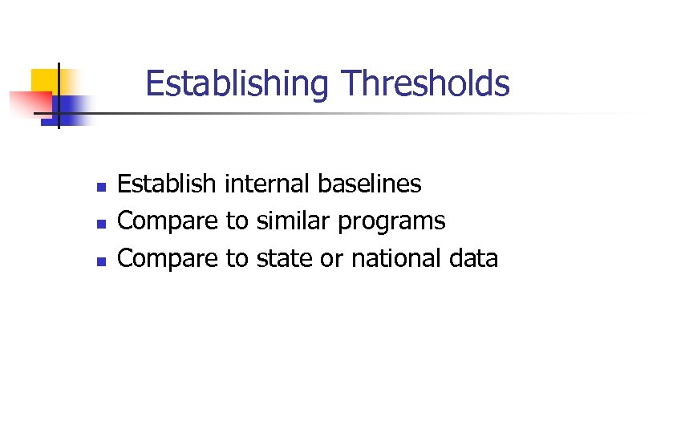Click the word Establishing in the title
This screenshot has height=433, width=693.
click(237, 83)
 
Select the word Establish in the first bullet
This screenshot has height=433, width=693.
click(167, 184)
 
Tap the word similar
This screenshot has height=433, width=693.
click(294, 221)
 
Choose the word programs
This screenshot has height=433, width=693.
click(391, 222)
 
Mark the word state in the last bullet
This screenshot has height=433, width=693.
click(285, 258)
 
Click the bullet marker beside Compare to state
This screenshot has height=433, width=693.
click(100, 261)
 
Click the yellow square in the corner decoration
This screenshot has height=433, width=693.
click(46, 82)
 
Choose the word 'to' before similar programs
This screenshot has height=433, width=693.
click(237, 221)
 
